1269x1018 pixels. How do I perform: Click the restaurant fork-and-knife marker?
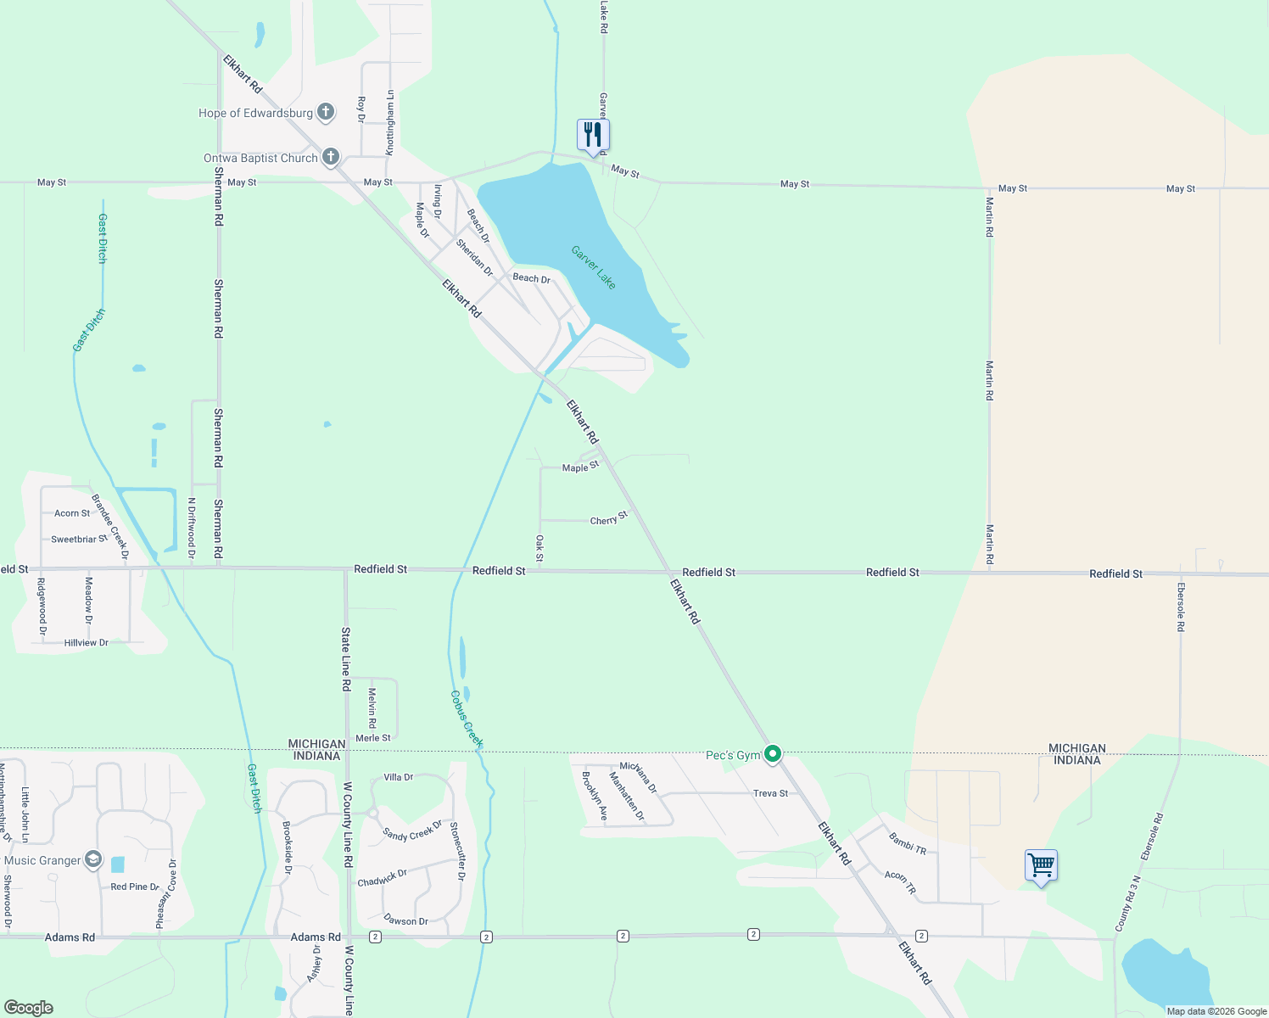593,135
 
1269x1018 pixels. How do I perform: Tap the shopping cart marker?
1041,866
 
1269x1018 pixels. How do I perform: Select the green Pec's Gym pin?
773,753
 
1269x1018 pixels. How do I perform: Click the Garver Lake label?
594,267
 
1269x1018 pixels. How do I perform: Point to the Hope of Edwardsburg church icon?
326,112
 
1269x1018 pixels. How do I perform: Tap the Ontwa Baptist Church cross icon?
331,157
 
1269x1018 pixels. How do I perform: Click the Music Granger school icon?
92,860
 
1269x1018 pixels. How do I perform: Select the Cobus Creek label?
467,719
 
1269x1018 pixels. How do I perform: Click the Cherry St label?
609,518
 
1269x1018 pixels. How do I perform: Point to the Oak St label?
539,548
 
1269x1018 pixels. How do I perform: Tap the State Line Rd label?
346,659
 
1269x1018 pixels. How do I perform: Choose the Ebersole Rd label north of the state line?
1180,607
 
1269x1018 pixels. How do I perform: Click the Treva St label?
770,793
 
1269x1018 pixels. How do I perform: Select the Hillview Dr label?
87,643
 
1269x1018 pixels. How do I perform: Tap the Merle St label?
373,738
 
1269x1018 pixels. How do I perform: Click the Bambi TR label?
907,842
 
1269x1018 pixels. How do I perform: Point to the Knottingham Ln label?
390,122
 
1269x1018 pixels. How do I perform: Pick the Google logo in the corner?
29,1008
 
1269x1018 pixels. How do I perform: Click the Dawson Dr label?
405,920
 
